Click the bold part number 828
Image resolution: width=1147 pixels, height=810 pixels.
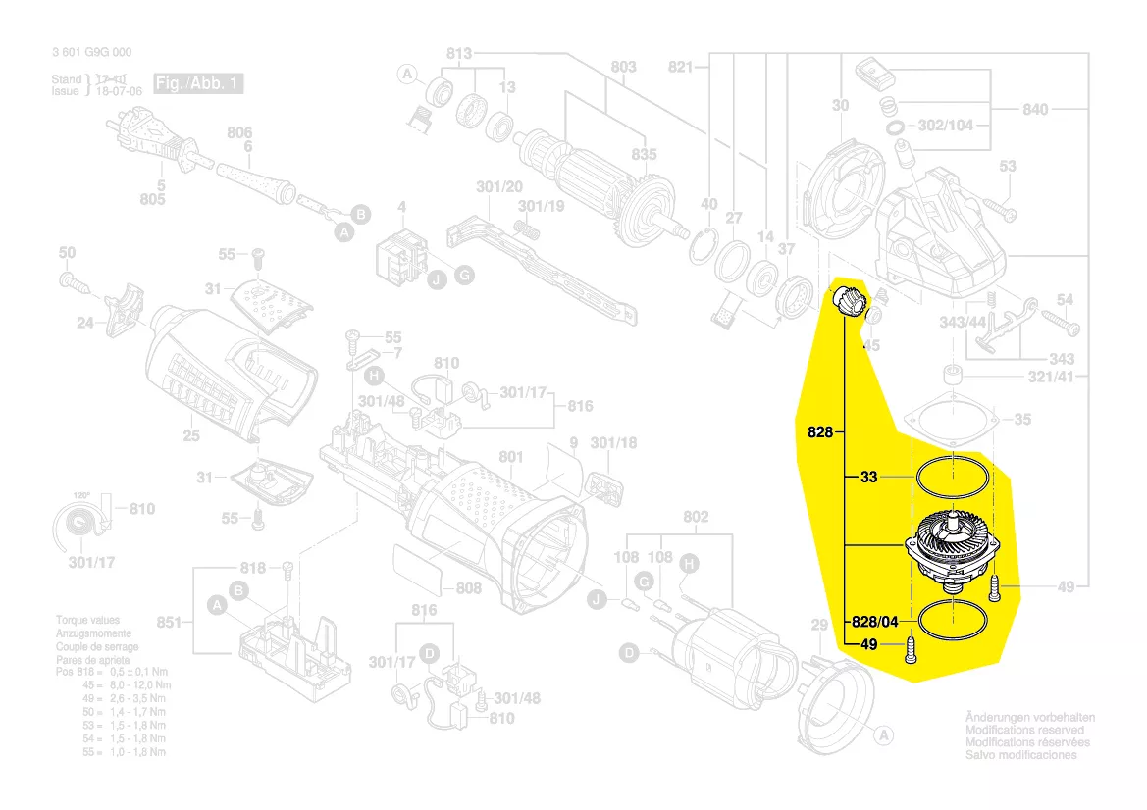[820, 431]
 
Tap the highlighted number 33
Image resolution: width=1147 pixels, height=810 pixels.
[868, 477]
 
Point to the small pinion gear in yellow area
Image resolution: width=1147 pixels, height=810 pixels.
[849, 300]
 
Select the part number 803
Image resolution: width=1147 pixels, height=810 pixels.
[623, 67]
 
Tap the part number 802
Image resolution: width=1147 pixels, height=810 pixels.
[695, 517]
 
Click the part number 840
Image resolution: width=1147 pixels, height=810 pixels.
[1035, 109]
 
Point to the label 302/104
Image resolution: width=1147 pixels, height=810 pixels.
[946, 126]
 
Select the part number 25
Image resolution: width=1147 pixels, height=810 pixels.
[191, 436]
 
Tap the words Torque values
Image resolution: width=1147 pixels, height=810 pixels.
[88, 621]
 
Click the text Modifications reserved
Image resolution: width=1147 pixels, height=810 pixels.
[1025, 731]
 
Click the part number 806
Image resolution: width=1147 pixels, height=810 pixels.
[239, 132]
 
